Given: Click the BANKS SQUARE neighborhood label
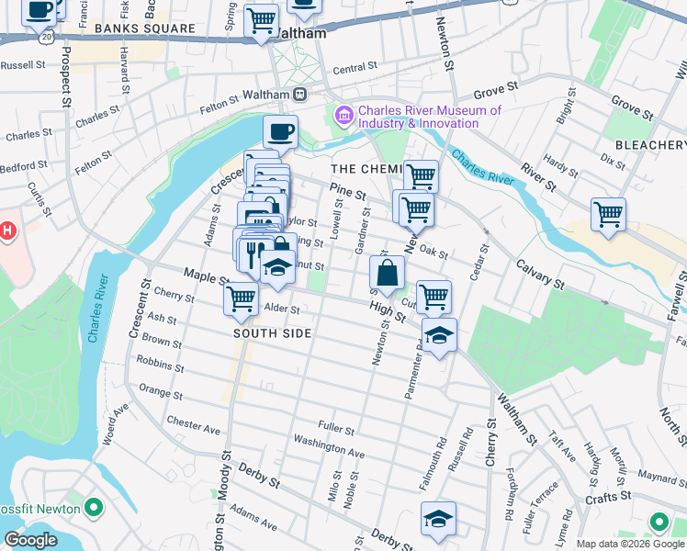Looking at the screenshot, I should click(x=145, y=28).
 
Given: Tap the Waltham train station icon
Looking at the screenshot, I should click(x=299, y=95).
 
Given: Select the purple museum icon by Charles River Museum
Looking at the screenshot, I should click(x=344, y=116).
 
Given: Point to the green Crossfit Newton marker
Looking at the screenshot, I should click(x=92, y=507).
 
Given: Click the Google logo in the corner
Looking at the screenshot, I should click(x=30, y=540).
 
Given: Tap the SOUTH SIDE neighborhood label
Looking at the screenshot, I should click(x=272, y=333).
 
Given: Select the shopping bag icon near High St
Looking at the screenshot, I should click(x=388, y=272).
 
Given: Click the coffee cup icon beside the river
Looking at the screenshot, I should click(x=281, y=131).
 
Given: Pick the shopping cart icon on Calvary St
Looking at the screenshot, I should click(x=608, y=214).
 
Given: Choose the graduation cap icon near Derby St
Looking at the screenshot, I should click(x=438, y=519).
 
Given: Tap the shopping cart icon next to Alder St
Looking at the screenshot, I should click(x=241, y=298).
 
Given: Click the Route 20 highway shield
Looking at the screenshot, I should click(x=45, y=34).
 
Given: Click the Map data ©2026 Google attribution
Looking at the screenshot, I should click(x=629, y=544).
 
